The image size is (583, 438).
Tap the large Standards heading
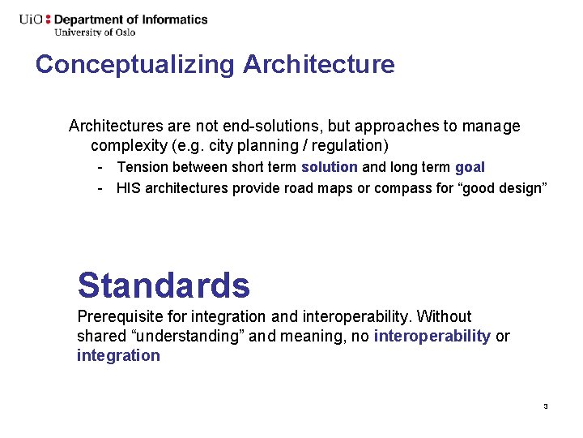coord(164,286)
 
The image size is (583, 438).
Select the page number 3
coord(546,406)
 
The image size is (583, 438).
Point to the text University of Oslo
coord(95,32)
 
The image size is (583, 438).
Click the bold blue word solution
coord(329,167)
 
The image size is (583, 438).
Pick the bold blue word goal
coord(470,167)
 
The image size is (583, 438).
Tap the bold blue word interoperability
coord(432,336)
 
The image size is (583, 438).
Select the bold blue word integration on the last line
coord(118,355)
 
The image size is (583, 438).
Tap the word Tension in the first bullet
coord(142,167)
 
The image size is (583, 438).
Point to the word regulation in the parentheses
coord(350,146)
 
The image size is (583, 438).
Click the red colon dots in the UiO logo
coord(48,19)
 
